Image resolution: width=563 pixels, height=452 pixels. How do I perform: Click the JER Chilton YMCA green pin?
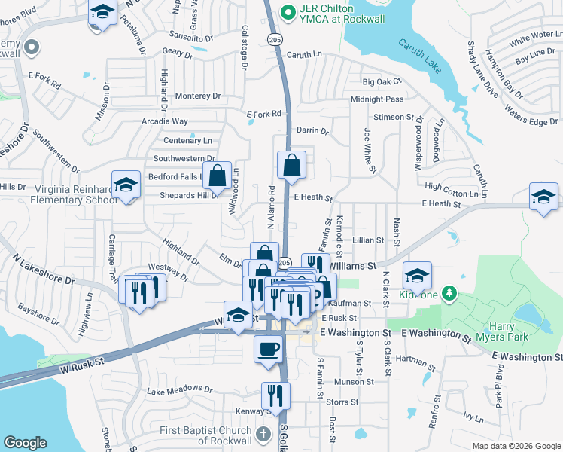[x=286, y=12]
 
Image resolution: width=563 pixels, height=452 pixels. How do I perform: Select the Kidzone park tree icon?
[x=449, y=292]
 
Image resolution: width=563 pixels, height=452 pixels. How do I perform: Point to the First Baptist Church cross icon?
[x=263, y=434]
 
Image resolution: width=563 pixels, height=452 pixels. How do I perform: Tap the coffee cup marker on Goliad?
[x=268, y=349]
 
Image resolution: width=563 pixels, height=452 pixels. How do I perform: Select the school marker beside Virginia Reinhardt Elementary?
[x=126, y=185]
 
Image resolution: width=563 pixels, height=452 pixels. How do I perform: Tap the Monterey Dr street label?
[x=197, y=96]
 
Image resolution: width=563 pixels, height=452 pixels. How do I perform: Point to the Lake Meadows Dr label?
[x=176, y=392]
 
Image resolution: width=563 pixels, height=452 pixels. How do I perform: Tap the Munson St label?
[x=349, y=383]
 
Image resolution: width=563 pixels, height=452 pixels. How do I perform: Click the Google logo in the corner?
[x=25, y=443]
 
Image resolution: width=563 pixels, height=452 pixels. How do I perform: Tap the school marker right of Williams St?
[x=417, y=275]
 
